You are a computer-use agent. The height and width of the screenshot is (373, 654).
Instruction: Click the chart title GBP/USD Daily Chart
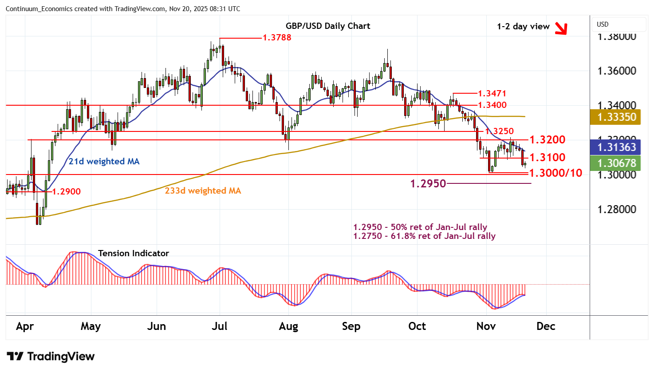tap(328, 26)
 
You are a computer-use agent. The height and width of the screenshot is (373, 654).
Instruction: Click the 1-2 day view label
tap(523, 26)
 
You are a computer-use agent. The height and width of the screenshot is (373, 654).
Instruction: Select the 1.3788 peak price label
tap(277, 37)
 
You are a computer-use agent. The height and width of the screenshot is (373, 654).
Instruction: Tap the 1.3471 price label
tap(492, 93)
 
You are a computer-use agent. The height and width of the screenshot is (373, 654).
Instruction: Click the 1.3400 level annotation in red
tap(492, 105)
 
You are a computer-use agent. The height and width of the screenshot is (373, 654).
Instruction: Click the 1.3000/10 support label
tap(556, 173)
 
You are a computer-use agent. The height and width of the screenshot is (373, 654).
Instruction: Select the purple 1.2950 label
tap(428, 183)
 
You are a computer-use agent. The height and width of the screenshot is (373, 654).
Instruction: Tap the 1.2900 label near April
tap(67, 191)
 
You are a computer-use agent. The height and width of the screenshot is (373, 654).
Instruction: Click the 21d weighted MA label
tap(104, 161)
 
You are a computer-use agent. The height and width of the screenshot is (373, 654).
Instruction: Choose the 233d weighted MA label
tap(203, 190)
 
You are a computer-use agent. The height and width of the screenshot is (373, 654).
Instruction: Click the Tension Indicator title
tap(133, 253)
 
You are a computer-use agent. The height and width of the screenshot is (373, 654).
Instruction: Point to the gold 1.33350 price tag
tap(616, 117)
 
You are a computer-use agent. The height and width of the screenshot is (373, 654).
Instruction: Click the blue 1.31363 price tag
tap(616, 147)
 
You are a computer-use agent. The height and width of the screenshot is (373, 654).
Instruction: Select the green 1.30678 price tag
tap(616, 163)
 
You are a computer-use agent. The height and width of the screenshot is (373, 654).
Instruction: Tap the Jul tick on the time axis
tap(220, 326)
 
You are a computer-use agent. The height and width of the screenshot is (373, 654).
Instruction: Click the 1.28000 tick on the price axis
tap(616, 209)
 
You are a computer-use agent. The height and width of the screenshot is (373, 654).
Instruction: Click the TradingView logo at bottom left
tap(51, 356)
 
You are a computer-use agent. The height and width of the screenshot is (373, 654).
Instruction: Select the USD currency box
tap(619, 24)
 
